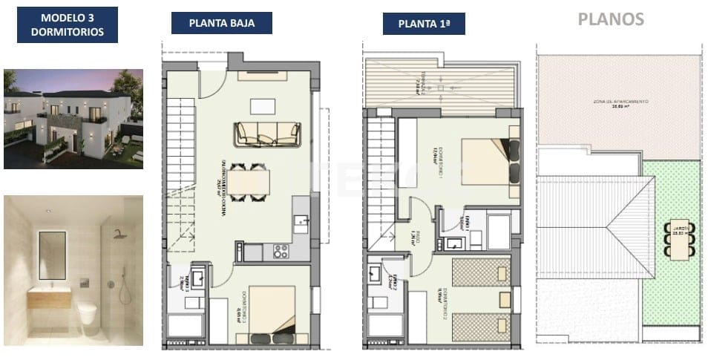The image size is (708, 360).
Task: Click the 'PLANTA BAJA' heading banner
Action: [x=221, y=23]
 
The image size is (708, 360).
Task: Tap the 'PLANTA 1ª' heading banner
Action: [x=423, y=24]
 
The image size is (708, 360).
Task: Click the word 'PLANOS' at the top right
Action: [x=611, y=19]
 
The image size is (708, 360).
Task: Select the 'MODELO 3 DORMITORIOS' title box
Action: [x=68, y=24]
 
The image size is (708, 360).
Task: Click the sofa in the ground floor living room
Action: [x=267, y=134]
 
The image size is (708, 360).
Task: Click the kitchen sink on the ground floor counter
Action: [x=301, y=220]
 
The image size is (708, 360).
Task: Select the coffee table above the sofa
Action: [x=263, y=105]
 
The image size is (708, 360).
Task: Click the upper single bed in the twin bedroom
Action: [x=481, y=273]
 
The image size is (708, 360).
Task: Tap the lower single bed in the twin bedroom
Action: [x=481, y=325]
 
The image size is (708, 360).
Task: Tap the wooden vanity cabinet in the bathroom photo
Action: [x=50, y=298]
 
